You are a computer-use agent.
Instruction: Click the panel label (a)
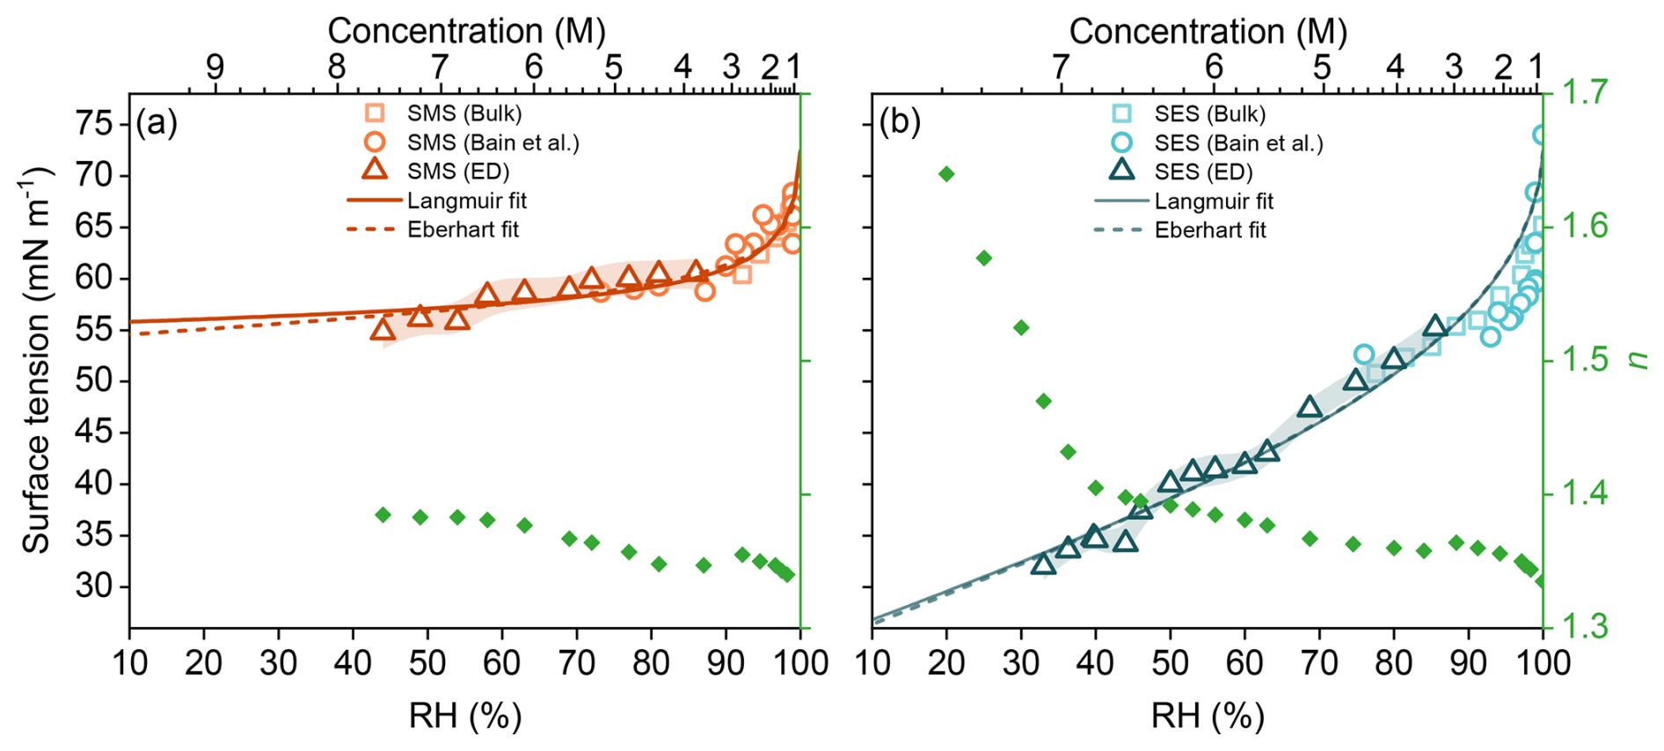[x=157, y=123]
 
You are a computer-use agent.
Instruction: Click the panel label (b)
[x=900, y=123]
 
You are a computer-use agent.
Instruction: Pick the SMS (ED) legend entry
[x=440, y=171]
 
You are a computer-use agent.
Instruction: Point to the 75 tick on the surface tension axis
[x=93, y=123]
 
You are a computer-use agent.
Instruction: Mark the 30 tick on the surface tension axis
[x=93, y=586]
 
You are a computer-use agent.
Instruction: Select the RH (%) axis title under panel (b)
[x=1207, y=717]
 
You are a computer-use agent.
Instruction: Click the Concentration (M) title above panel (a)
[x=466, y=31]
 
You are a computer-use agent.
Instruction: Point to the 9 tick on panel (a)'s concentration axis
[x=215, y=67]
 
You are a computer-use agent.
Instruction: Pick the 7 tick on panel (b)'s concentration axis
[x=1061, y=67]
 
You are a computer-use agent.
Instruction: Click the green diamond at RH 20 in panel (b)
[x=946, y=174]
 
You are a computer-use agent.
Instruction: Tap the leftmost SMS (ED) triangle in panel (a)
[x=383, y=330]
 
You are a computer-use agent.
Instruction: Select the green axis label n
[x=1638, y=359]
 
